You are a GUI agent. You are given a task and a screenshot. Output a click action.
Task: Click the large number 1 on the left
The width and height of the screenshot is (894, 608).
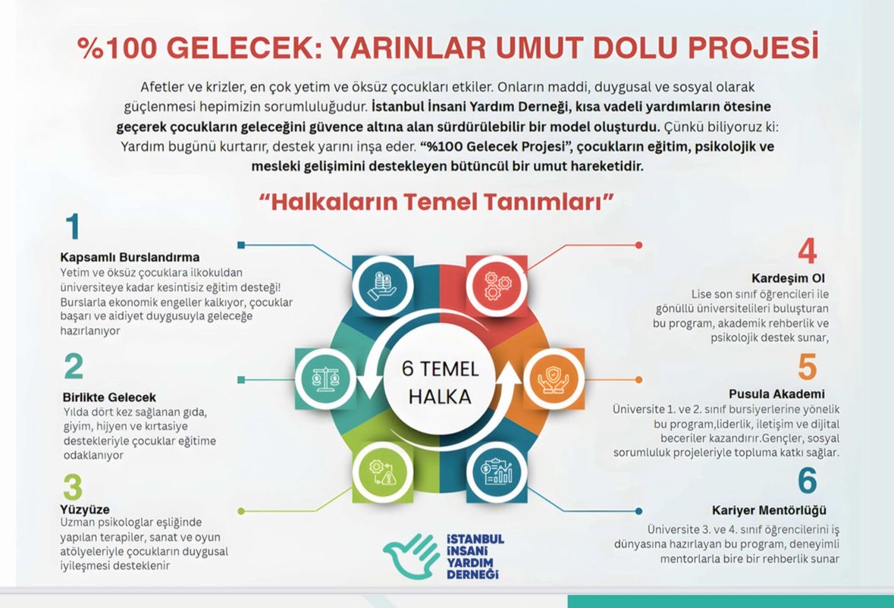[72, 227]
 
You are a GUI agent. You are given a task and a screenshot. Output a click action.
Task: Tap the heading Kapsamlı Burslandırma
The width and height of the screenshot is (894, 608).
[130, 257]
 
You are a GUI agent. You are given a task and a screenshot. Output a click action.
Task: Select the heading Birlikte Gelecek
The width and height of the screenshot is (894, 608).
[109, 397]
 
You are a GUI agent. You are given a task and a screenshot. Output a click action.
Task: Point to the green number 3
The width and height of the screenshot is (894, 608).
[73, 487]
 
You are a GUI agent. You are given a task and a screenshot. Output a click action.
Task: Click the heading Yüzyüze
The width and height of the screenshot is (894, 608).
[85, 509]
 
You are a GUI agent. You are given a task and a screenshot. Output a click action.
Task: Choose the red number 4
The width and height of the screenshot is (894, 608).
[807, 251]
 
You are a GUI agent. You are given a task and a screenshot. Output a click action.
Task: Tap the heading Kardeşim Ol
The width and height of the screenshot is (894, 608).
[788, 278]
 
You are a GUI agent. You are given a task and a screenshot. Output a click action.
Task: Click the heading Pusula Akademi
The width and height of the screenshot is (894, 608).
[776, 393]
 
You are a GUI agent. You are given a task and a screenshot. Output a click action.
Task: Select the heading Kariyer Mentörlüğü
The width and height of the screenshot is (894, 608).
[769, 510]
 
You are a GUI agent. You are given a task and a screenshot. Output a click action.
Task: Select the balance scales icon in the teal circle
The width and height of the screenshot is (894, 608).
[325, 378]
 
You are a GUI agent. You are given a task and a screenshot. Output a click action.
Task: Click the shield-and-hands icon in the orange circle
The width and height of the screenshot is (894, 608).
[554, 379]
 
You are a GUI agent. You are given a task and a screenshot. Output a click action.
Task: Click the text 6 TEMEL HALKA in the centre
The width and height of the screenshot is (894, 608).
[440, 382]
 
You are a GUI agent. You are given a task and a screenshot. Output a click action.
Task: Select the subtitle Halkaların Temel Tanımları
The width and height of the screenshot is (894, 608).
[436, 202]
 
